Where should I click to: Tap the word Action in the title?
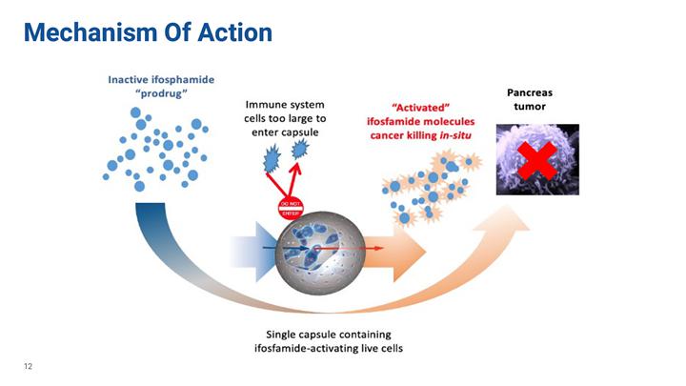(235, 32)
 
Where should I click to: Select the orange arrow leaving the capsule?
(400, 255)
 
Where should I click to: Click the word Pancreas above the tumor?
(530, 93)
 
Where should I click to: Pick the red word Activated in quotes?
(415, 108)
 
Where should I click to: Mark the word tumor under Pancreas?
(530, 108)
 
